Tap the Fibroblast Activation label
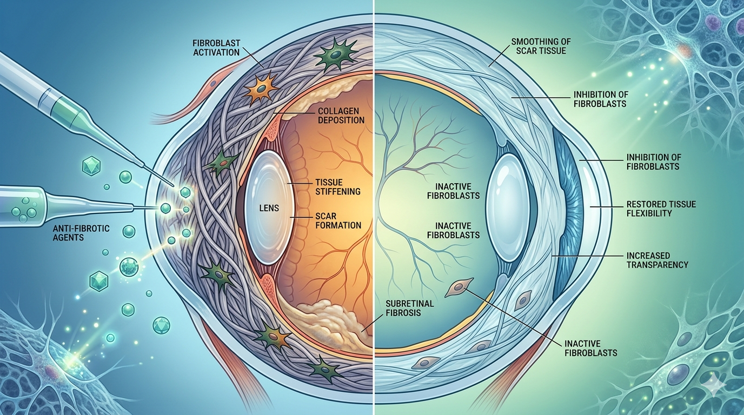point(216,48)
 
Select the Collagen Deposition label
point(341,115)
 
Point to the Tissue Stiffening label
point(337,186)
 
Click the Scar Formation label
point(338,221)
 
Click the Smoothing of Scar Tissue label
point(541,46)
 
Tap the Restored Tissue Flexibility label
point(661,209)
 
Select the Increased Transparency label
point(657,260)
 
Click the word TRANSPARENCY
point(657,265)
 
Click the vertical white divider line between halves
point(374,207)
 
